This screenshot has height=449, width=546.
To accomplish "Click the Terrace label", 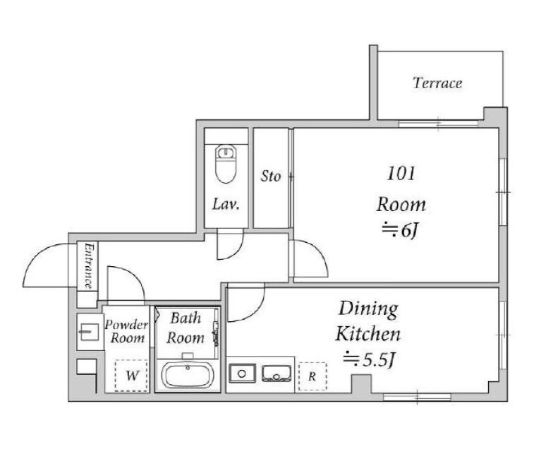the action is tap(437, 83).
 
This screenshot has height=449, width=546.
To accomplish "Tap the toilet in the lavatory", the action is tap(226, 164).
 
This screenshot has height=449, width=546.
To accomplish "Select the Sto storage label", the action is tap(271, 176).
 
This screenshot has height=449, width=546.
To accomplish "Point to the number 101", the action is tap(401, 173).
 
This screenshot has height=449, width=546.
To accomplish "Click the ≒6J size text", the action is tap(400, 230).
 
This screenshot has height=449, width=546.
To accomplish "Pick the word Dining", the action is tap(368, 309).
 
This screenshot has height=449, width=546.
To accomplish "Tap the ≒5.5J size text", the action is tap(369, 360).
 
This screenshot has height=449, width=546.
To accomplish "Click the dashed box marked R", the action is tap(313, 376).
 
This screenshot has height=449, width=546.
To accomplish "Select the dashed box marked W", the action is tap(131, 376).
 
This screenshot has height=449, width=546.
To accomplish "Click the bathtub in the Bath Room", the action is tap(188, 376).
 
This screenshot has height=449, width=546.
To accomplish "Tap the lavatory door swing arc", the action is tap(236, 252).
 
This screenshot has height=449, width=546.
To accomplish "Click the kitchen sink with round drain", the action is tap(243, 373).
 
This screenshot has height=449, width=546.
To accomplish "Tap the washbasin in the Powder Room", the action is tap(88, 332).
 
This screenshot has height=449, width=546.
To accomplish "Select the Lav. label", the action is tap(226, 204).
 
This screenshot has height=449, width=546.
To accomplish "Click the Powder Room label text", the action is tap(127, 332).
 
